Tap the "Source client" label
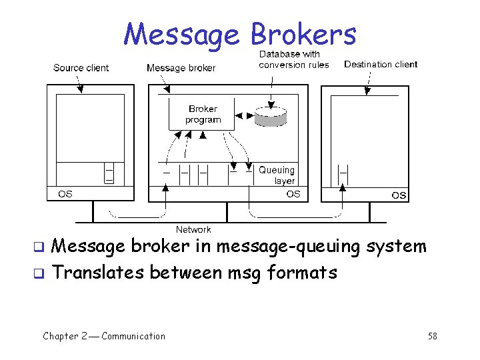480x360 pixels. point(81,67)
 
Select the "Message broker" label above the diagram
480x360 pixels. point(181,67)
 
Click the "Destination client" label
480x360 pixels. point(381,64)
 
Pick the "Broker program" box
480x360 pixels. point(203,114)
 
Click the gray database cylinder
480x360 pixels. point(271,117)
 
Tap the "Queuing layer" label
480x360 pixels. point(277,175)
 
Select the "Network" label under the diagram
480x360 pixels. point(193,229)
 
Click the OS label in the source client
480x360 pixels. point(65,194)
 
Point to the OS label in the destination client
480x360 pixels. point(398,195)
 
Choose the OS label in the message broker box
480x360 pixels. point(293,194)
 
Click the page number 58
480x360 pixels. point(433,336)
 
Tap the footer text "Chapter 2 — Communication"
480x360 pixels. point(104,336)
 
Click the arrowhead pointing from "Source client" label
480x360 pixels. point(80,89)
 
